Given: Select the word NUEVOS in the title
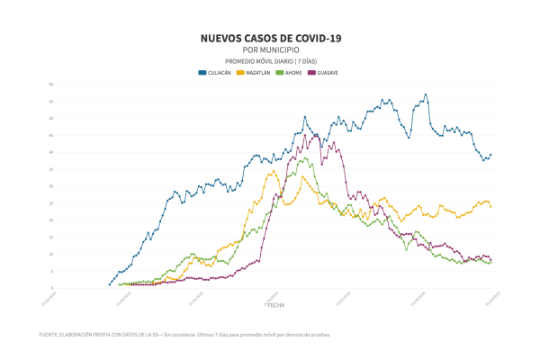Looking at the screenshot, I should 225,39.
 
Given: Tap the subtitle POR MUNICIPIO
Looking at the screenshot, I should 270,50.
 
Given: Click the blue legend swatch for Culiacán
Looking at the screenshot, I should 202,71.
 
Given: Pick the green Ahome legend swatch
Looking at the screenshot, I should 280,71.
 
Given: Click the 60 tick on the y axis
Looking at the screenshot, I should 51,84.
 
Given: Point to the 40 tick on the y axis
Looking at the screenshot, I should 51,152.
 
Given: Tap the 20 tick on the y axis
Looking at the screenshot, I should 51,220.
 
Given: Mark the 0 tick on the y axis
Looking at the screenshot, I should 52,288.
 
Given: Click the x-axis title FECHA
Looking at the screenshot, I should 276,305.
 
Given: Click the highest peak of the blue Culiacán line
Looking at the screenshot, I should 426,94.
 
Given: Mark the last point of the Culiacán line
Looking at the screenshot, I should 490,154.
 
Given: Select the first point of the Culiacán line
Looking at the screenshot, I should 110,284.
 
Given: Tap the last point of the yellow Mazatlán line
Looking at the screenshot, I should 490,207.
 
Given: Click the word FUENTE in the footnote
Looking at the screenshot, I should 50,335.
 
